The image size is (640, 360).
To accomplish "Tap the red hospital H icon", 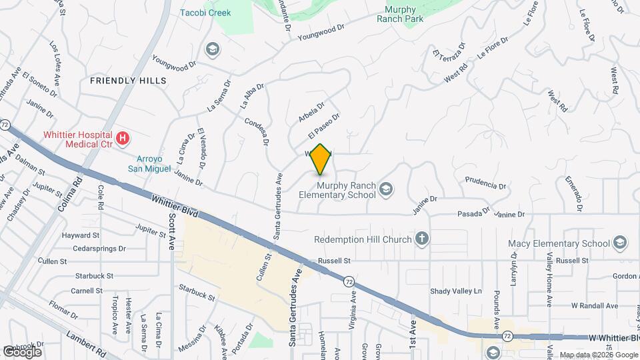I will (122, 139).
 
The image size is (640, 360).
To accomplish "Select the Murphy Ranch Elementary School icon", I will (385, 190).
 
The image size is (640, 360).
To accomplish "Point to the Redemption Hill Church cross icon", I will (421, 238).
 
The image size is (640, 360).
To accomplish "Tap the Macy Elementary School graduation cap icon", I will (620, 243).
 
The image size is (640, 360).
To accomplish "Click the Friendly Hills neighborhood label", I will (127, 81).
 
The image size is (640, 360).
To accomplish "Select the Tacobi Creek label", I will (205, 13).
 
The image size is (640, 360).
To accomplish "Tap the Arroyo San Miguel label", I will (150, 164).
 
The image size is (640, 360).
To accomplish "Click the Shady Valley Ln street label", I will (455, 291).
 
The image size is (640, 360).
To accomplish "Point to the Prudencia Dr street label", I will (481, 181).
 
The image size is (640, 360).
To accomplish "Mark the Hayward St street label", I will (81, 235).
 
